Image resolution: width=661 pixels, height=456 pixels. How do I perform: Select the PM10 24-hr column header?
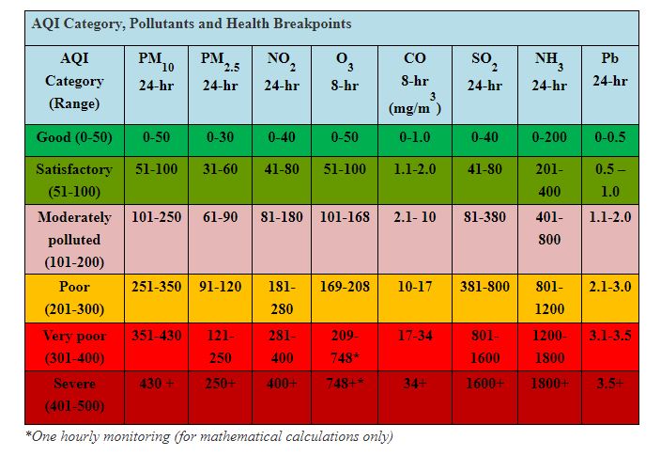(155, 71)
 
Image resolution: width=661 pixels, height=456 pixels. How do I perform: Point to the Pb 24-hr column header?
(609, 70)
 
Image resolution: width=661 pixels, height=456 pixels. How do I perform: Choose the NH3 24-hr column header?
(548, 71)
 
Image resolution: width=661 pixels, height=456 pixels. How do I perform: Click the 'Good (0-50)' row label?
(74, 137)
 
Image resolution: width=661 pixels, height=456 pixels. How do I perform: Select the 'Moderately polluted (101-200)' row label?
(74, 239)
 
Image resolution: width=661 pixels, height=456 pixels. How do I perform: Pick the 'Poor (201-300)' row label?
(74, 298)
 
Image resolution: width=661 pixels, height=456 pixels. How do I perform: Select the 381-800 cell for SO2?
(484, 287)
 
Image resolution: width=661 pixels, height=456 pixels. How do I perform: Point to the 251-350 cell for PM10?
(155, 287)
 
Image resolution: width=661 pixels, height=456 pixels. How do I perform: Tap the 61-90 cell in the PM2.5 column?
(219, 216)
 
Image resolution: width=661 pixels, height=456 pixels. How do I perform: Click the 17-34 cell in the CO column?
(414, 335)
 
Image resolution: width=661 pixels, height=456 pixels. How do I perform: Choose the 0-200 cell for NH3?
(548, 137)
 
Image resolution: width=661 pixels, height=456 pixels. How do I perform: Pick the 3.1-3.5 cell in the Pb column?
(609, 335)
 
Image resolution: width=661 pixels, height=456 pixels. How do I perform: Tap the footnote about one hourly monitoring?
(208, 436)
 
